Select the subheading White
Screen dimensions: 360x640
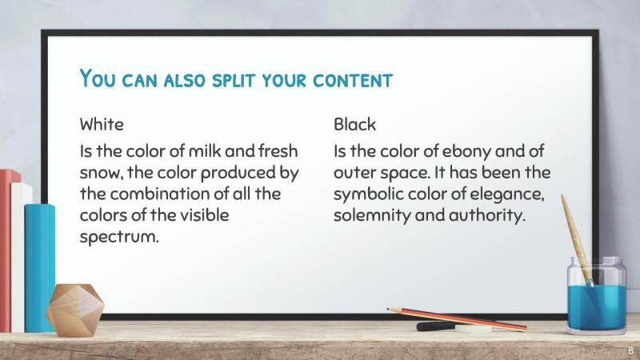click(102, 125)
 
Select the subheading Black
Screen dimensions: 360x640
click(354, 125)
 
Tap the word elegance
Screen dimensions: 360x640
click(510, 194)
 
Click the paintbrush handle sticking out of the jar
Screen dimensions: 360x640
click(573, 228)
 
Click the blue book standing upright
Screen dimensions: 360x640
click(39, 264)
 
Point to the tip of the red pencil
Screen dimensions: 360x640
click(389, 309)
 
